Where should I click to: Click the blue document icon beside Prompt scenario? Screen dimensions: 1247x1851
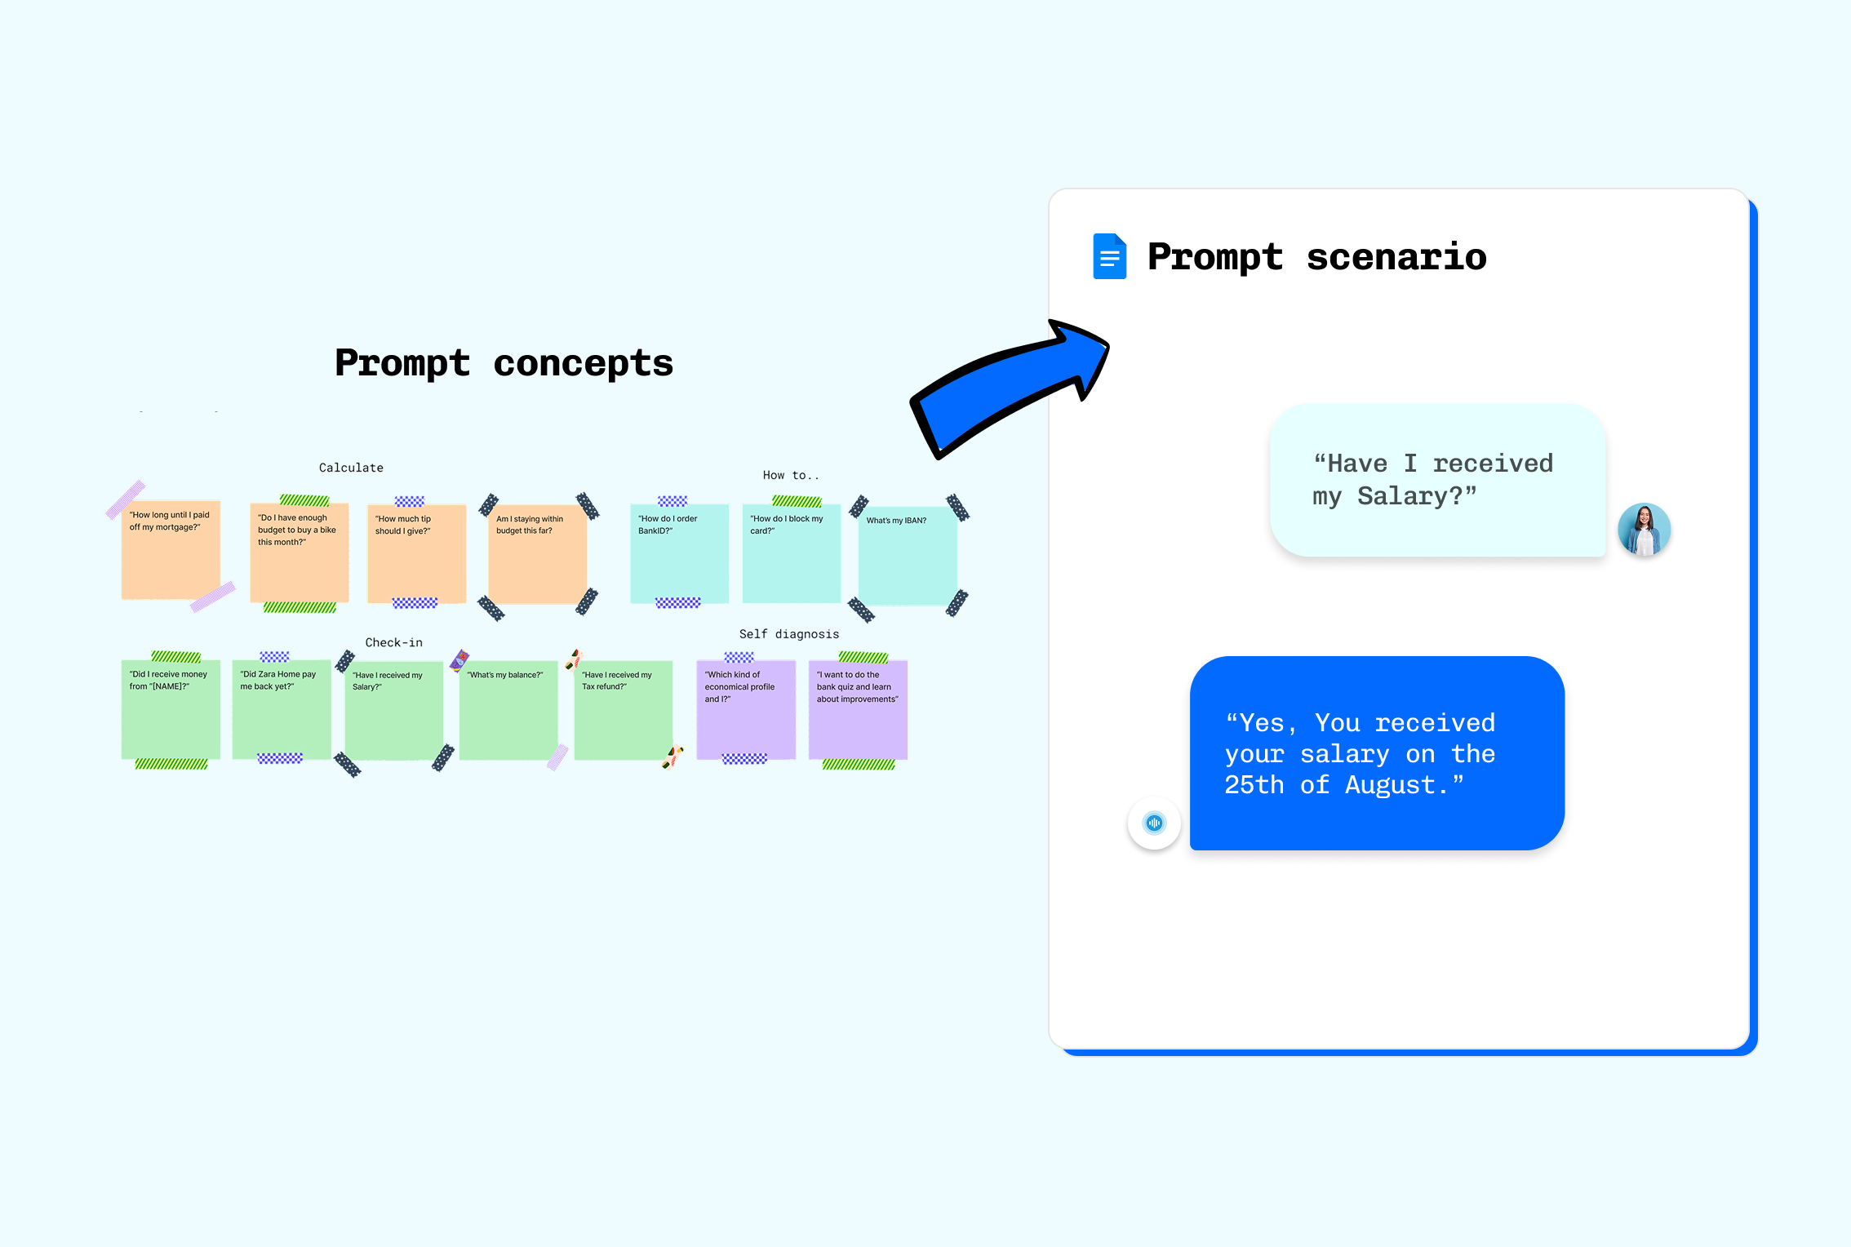(x=1109, y=256)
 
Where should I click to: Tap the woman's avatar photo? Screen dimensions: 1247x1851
(x=1644, y=530)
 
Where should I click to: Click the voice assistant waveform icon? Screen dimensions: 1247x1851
(x=1154, y=823)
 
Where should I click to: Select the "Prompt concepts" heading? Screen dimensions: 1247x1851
(x=504, y=363)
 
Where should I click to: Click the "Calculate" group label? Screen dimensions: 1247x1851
(x=351, y=468)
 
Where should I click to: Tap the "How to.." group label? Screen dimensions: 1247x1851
(x=790, y=475)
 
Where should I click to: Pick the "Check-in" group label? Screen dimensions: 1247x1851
(x=393, y=642)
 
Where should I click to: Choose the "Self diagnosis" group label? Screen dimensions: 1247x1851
(x=788, y=634)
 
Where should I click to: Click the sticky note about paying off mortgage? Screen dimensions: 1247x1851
(x=171, y=550)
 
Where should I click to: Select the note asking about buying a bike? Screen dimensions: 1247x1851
(x=299, y=552)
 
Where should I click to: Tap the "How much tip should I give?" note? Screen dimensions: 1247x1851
(x=416, y=553)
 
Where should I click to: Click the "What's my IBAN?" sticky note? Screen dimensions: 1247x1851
(x=908, y=556)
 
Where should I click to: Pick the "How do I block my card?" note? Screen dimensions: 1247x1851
(x=791, y=553)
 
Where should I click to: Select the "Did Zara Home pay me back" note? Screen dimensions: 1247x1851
(x=281, y=709)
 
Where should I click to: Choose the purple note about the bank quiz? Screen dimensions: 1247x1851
(x=858, y=709)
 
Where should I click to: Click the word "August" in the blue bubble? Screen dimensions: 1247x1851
(x=1390, y=785)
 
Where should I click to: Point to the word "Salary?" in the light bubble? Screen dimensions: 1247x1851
(x=1417, y=496)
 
